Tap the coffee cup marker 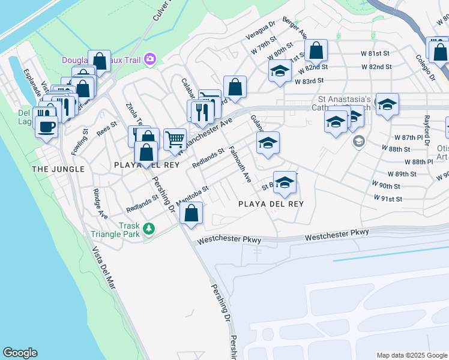[x=46, y=127]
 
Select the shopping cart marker [x=174, y=139]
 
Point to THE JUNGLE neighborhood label [x=58, y=169]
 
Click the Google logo [x=20, y=353]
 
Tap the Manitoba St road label [x=193, y=196]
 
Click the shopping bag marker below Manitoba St [x=191, y=213]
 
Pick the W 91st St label [x=387, y=198]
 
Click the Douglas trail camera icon [x=149, y=59]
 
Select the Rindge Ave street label [x=100, y=204]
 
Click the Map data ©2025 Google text [x=411, y=355]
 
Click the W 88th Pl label [x=418, y=162]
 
